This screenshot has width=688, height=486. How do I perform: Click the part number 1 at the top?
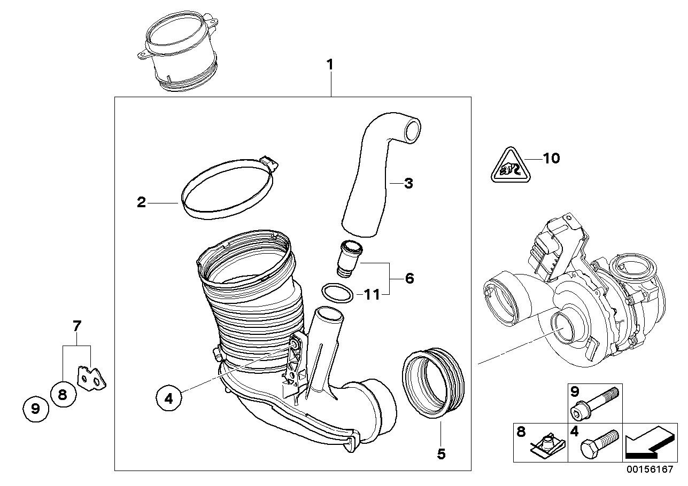pyautogui.click(x=330, y=65)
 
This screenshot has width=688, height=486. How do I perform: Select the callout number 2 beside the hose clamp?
pyautogui.click(x=141, y=202)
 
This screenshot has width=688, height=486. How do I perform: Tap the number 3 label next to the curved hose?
pyautogui.click(x=408, y=184)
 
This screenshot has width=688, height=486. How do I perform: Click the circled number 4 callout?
pyautogui.click(x=169, y=398)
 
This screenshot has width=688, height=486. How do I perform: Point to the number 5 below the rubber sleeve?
pyautogui.click(x=440, y=454)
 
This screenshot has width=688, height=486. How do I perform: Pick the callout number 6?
pyautogui.click(x=409, y=278)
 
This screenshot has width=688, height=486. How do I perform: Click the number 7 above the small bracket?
pyautogui.click(x=76, y=325)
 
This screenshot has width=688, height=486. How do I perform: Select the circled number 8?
pyautogui.click(x=62, y=395)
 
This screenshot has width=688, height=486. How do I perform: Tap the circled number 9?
pyautogui.click(x=35, y=410)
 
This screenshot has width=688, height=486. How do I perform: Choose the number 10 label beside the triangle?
pyautogui.click(x=551, y=159)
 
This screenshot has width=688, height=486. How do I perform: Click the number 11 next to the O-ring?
pyautogui.click(x=372, y=294)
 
